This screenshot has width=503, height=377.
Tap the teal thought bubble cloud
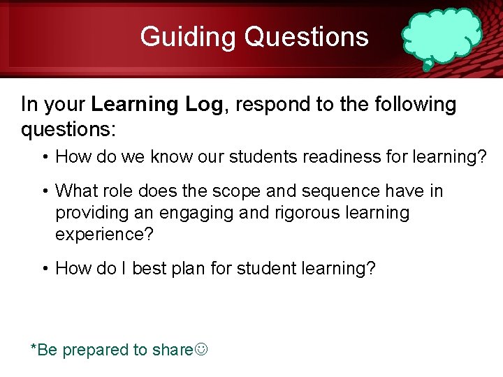[x=442, y=35]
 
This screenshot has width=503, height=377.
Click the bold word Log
[x=205, y=105]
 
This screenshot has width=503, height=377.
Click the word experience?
[x=104, y=233]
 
